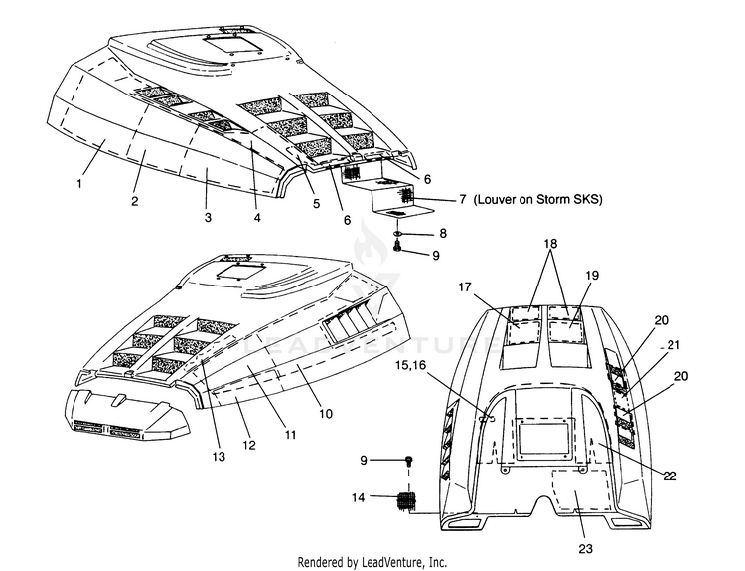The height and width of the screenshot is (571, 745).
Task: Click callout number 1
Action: pyautogui.click(x=79, y=183)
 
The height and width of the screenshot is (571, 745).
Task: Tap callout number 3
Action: pyautogui.click(x=208, y=218)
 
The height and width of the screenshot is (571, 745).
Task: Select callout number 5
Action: pyautogui.click(x=317, y=204)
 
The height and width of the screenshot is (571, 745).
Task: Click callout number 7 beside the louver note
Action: pyautogui.click(x=463, y=199)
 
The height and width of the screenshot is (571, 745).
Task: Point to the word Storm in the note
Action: pyautogui.click(x=551, y=199)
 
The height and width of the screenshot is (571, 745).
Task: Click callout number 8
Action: pyautogui.click(x=443, y=233)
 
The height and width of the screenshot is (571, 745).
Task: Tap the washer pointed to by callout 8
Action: pyautogui.click(x=398, y=233)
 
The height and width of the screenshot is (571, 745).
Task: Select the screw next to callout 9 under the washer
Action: pyautogui.click(x=398, y=245)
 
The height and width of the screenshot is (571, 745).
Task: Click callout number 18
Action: pyautogui.click(x=550, y=243)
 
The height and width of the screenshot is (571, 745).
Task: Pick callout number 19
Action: pyautogui.click(x=592, y=275)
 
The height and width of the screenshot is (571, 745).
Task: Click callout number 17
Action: pyautogui.click(x=465, y=286)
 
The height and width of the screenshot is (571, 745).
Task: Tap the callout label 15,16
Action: pyautogui.click(x=411, y=365)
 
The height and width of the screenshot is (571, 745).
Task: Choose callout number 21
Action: pyautogui.click(x=673, y=344)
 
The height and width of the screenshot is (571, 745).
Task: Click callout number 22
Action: pyautogui.click(x=670, y=476)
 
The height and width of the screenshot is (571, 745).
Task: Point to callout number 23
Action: pyautogui.click(x=585, y=549)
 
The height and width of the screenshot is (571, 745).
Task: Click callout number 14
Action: pyautogui.click(x=358, y=497)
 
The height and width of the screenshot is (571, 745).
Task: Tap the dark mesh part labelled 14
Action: pyautogui.click(x=406, y=501)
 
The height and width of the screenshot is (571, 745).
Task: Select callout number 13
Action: pyautogui.click(x=219, y=457)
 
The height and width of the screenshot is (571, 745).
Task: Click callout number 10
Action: pyautogui.click(x=326, y=414)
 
